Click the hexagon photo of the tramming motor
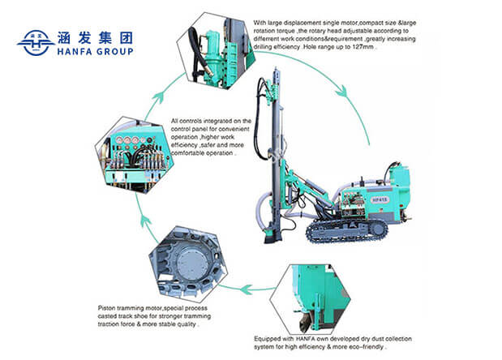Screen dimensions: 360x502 point(188,259)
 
